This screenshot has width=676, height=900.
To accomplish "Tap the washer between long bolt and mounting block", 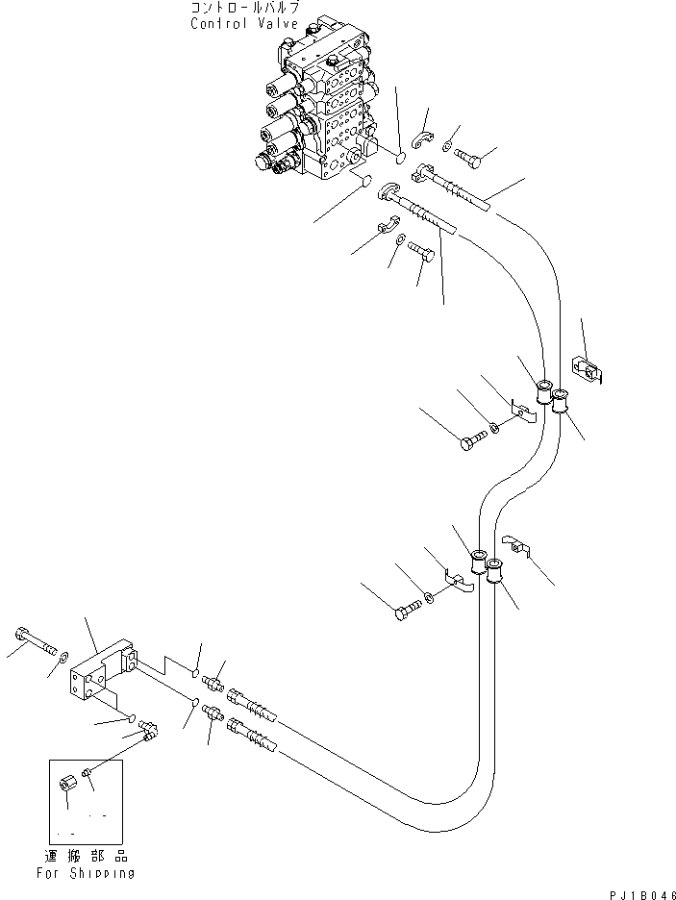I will [x=63, y=657].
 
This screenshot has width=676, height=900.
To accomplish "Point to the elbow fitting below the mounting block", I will [x=149, y=735].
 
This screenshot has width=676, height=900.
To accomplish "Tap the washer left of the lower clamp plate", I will [x=429, y=600].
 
